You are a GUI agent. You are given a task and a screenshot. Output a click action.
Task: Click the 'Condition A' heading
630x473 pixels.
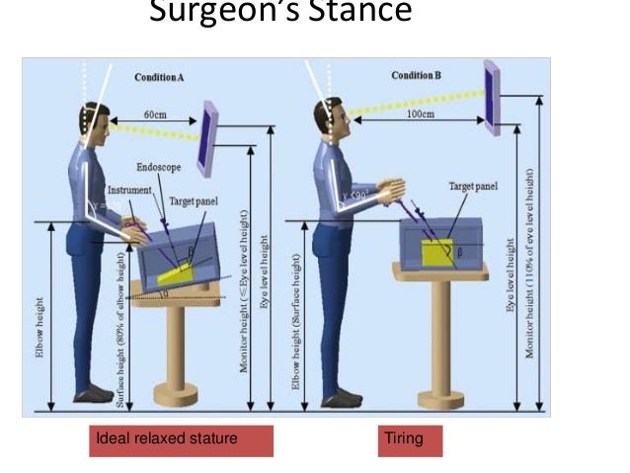tap(163, 76)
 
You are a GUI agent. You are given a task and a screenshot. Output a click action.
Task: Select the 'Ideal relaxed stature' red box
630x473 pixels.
tap(181, 438)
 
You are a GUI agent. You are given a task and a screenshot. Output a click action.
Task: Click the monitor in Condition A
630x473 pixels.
tap(207, 137)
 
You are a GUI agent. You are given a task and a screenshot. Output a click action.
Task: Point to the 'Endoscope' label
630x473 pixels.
tap(157, 168)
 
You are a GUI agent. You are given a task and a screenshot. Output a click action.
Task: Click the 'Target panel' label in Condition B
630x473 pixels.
tap(473, 185)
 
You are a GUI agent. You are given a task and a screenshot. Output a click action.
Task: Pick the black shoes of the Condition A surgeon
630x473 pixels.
tap(94, 395)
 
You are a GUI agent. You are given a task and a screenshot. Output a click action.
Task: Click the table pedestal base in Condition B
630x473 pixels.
tap(440, 400)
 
